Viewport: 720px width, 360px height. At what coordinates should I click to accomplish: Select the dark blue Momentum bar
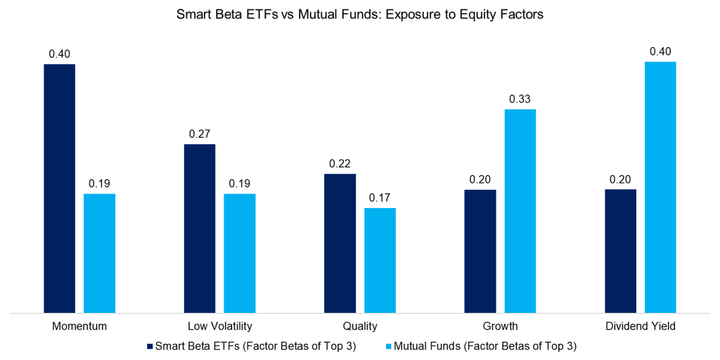pos(59,188)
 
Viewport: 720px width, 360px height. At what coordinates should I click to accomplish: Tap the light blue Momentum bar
pos(99,252)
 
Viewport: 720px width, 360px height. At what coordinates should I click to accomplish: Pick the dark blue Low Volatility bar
pos(200,228)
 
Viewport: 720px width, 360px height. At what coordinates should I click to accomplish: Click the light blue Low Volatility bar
pos(240,252)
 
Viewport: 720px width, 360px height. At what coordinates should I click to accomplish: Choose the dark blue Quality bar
pos(340,243)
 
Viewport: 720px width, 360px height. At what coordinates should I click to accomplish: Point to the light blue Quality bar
pos(380,259)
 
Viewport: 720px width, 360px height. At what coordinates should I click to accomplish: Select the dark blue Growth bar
pos(480,250)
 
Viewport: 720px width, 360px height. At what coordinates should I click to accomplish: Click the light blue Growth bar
pos(520,210)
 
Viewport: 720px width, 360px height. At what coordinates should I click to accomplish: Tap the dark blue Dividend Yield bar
pos(620,250)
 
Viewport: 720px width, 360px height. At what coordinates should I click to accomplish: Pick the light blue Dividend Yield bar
pos(660,186)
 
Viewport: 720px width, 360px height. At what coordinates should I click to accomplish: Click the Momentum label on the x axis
pos(79,326)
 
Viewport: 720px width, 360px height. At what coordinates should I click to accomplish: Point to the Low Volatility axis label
pos(219,326)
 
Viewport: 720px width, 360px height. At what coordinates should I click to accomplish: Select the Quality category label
pos(360,326)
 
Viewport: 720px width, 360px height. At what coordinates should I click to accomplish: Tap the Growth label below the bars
pos(500,326)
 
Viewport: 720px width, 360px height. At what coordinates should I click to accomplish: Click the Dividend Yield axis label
pos(641,326)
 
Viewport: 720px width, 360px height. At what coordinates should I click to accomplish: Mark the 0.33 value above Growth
pos(520,98)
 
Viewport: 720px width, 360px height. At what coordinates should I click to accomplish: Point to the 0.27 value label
pos(200,134)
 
